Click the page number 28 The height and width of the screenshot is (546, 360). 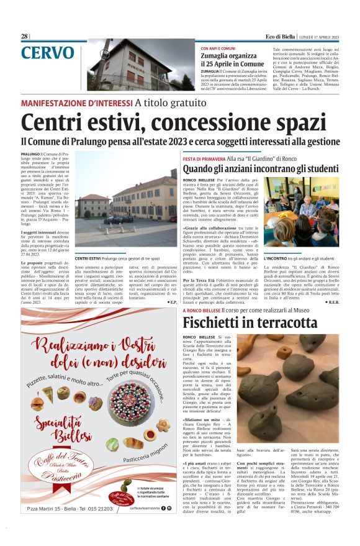click(24, 36)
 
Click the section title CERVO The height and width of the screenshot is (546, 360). click(47, 53)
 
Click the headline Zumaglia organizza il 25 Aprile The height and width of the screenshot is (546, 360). click(232, 60)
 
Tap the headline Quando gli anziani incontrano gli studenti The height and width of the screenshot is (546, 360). click(261, 170)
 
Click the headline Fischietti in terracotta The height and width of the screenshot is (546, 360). click(250, 322)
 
